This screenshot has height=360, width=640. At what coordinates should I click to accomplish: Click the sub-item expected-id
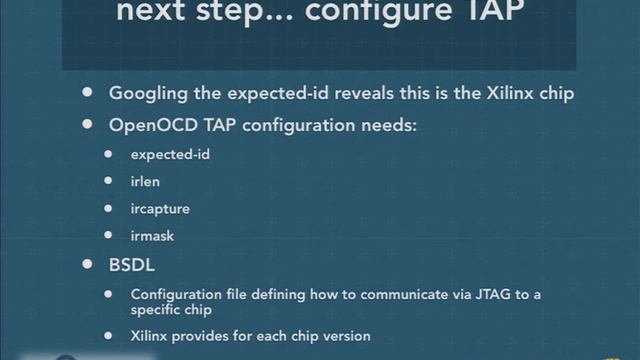pyautogui.click(x=170, y=155)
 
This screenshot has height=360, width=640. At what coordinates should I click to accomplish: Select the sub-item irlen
pyautogui.click(x=146, y=182)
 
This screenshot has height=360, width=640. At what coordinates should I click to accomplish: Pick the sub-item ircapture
pyautogui.click(x=160, y=210)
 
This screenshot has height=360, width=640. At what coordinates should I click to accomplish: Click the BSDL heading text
pyautogui.click(x=132, y=267)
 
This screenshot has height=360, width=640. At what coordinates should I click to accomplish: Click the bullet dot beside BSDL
pyautogui.click(x=88, y=267)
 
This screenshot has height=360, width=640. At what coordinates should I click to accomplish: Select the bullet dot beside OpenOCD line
pyautogui.click(x=88, y=126)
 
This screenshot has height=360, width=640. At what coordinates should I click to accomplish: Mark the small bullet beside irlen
pyautogui.click(x=110, y=182)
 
